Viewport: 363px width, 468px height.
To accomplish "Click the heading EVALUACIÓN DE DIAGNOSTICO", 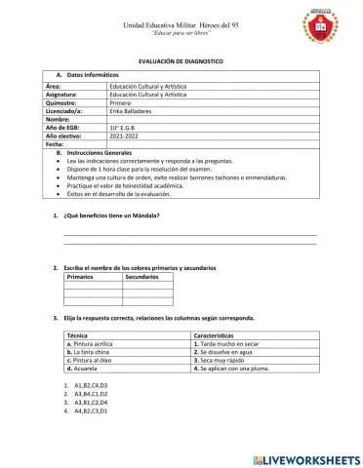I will [x=181, y=60].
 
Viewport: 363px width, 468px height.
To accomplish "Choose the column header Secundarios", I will [x=143, y=278].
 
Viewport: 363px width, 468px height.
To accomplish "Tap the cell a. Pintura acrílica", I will [x=96, y=344].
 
